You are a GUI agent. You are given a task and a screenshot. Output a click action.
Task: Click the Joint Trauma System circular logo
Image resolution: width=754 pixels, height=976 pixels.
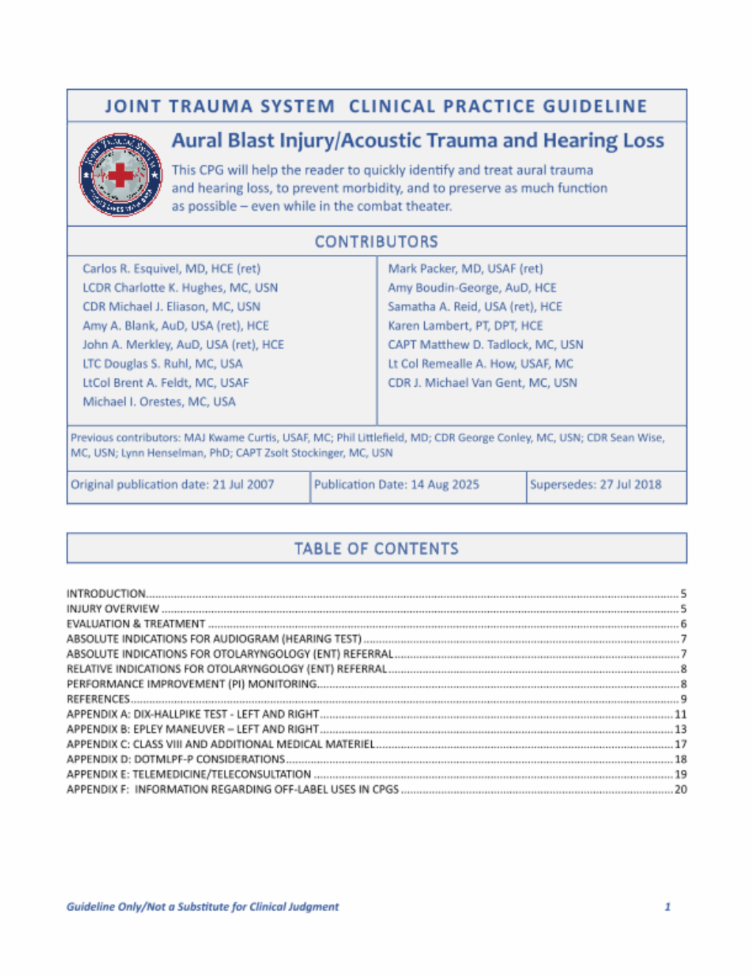coord(120,175)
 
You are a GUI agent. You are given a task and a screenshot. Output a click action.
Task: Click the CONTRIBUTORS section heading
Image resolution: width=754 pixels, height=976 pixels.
coord(376,242)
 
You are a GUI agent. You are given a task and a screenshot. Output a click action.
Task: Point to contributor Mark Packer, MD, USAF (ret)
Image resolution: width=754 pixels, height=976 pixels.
coord(465,269)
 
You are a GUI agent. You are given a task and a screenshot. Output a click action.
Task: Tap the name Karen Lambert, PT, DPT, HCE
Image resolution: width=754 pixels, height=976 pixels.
coord(465,326)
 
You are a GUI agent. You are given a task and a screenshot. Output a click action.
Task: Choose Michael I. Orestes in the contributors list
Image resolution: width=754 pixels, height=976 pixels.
coord(159,401)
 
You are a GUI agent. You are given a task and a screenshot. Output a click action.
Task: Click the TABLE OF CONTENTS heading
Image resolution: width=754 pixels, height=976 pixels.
coord(376,549)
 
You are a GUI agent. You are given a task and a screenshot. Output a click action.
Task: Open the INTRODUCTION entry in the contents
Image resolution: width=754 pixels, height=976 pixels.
coord(106,594)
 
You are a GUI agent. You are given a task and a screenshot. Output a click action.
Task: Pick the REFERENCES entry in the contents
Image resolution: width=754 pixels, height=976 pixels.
coord(98,699)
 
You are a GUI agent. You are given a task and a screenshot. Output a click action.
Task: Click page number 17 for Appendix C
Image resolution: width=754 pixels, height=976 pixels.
coord(681,744)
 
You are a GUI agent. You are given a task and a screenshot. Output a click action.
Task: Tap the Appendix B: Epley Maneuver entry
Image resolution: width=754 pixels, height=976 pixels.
coord(193,729)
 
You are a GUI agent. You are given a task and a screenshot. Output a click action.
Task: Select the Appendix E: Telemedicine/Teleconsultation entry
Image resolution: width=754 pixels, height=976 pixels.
coord(188,774)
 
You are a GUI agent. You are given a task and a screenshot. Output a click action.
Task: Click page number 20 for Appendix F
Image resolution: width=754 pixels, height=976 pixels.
coord(681,790)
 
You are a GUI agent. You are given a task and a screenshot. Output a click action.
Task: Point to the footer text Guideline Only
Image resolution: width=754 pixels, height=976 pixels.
coord(202,907)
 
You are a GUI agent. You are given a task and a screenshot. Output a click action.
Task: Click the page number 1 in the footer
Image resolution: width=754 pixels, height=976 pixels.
coord(667,907)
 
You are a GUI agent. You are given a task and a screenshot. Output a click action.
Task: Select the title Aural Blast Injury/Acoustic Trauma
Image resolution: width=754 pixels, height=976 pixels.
coord(417,141)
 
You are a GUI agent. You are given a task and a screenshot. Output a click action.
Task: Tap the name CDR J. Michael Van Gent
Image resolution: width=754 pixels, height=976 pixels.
coord(482,383)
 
